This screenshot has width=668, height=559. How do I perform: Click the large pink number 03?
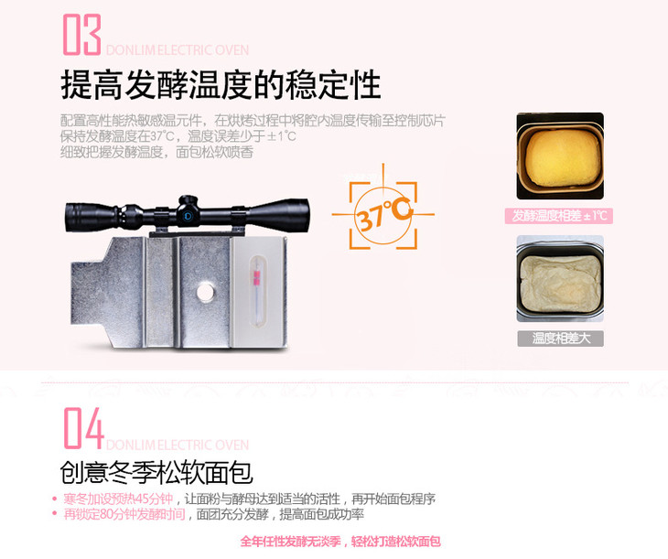pyautogui.click(x=82, y=35)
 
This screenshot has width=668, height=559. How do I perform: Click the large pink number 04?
pyautogui.click(x=84, y=428)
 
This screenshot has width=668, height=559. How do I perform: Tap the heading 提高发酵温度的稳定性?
pyautogui.click(x=221, y=85)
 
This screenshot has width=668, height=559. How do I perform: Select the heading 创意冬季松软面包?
pyautogui.click(x=156, y=472)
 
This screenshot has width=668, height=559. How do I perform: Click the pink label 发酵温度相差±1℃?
pyautogui.click(x=559, y=216)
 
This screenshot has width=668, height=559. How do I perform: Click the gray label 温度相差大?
pyautogui.click(x=561, y=339)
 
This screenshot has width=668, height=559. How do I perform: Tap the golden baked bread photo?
pyautogui.click(x=560, y=156)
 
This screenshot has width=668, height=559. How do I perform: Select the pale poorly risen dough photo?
pyautogui.click(x=560, y=279)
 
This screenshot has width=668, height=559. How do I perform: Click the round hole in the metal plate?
pyautogui.click(x=205, y=292)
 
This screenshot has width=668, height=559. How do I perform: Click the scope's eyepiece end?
pyautogui.click(x=71, y=218)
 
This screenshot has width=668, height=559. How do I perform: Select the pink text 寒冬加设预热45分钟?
pyautogui.click(x=118, y=499)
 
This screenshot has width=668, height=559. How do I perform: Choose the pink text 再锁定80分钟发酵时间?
pyautogui.click(x=124, y=514)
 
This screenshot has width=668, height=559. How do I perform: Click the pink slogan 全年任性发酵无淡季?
pyautogui.click(x=291, y=542)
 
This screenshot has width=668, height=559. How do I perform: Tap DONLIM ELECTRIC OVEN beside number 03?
pyautogui.click(x=178, y=50)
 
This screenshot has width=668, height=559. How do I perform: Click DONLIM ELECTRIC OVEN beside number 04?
pyautogui.click(x=178, y=445)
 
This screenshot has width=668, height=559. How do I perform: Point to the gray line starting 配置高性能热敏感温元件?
pyautogui.click(x=253, y=121)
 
